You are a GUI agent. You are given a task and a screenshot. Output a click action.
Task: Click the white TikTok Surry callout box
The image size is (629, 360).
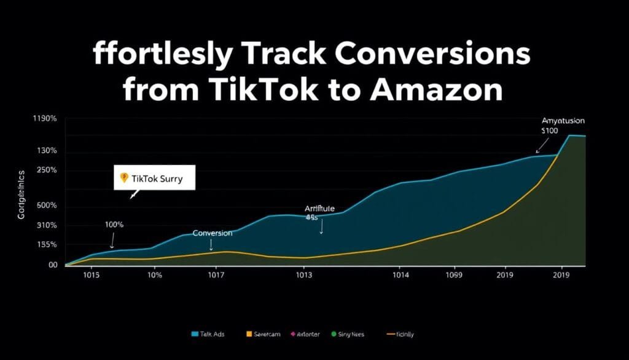(154, 178)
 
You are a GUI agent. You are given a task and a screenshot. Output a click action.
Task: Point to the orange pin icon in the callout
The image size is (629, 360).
(123, 178)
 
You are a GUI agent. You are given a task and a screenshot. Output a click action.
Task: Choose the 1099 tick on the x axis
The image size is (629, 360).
(453, 276)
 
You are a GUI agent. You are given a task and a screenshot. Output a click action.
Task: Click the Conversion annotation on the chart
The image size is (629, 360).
(213, 233)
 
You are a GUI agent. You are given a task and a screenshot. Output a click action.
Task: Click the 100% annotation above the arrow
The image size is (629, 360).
(114, 225)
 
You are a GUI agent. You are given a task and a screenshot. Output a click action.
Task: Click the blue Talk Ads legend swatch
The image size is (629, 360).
(195, 334)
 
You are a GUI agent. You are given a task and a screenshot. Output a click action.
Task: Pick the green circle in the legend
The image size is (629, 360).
(334, 334)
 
